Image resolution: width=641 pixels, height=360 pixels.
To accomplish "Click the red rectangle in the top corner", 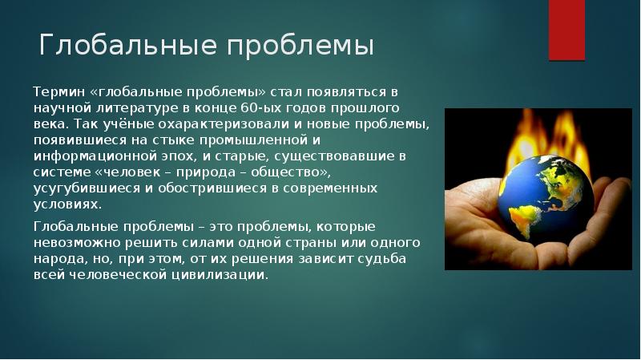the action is [566, 30].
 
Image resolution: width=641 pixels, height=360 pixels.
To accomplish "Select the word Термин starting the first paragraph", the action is [58, 92].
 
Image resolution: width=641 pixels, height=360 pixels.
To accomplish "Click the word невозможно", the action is [76, 243].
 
